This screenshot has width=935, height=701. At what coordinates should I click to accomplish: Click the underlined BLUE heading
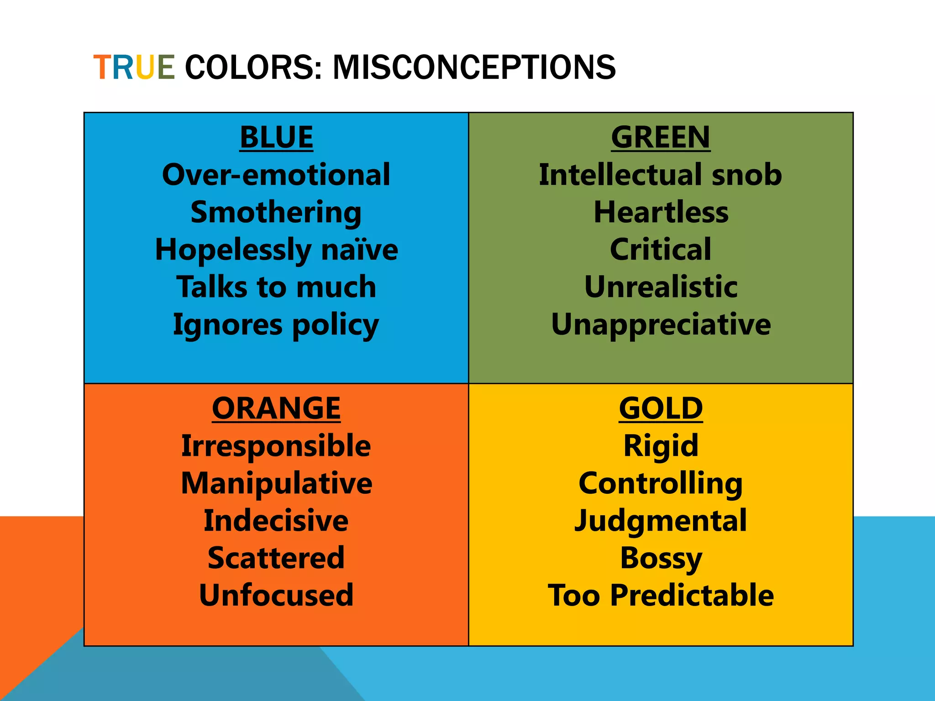[x=276, y=137]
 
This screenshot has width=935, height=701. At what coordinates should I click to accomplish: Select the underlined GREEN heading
[x=660, y=137]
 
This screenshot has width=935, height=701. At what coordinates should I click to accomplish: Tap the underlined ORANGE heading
[x=276, y=408]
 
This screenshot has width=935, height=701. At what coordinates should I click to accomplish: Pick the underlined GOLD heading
[x=661, y=408]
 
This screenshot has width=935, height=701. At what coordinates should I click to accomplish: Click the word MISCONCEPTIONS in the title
[x=474, y=68]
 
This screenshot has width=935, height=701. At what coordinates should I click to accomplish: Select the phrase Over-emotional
[x=276, y=175]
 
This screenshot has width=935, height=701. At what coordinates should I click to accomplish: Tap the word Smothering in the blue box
[x=276, y=213]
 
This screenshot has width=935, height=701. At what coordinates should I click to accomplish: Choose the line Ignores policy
[x=276, y=325]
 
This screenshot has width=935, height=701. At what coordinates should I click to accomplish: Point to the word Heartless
[x=661, y=212]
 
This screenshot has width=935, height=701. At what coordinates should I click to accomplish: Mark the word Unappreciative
[x=661, y=324]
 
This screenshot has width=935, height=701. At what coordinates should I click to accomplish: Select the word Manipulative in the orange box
[x=276, y=483]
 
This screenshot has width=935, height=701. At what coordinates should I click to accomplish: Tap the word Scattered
[x=276, y=558]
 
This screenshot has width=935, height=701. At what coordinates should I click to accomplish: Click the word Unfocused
[x=276, y=595]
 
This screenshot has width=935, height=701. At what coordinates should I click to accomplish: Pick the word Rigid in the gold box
[x=661, y=446]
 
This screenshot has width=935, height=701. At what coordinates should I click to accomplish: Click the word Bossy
[x=661, y=558]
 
